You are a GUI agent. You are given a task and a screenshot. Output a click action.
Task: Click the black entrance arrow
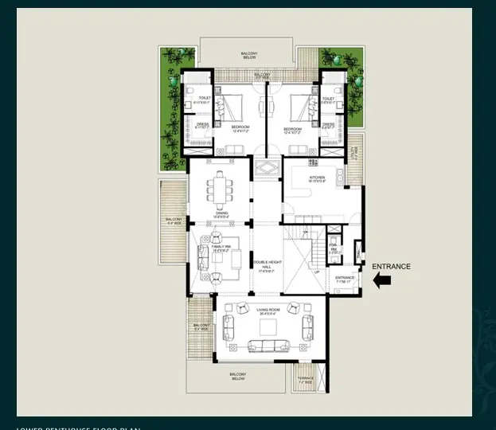[382, 279]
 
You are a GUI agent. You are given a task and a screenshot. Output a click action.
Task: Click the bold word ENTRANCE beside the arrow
[392, 267]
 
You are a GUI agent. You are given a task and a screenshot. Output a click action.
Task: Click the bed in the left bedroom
[230, 107]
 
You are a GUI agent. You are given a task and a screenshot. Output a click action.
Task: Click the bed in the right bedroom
[301, 107]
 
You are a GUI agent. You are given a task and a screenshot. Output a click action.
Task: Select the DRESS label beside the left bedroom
[202, 124]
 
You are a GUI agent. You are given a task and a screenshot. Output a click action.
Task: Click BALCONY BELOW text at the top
[249, 56]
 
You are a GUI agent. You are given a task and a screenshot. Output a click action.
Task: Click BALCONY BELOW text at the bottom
[237, 377]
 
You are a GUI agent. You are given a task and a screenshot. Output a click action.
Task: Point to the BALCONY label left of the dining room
[173, 220]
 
